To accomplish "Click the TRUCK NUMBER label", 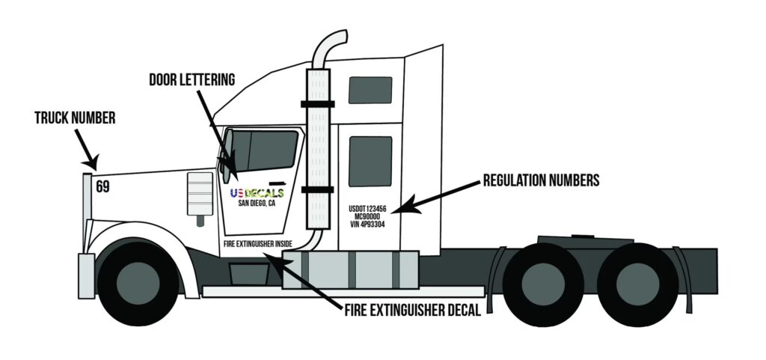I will pos(75,118).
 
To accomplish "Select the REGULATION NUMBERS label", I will pos(541,180).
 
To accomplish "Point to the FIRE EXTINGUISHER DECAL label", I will pos(412,308).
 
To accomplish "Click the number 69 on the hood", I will pos(102,186).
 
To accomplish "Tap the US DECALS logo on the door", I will pos(257,193).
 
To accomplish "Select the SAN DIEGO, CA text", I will pos(257,203).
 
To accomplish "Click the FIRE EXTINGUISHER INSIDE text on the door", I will pos(258,243).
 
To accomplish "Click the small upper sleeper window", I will pos(370,90).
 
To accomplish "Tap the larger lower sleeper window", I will pos(370,161).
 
